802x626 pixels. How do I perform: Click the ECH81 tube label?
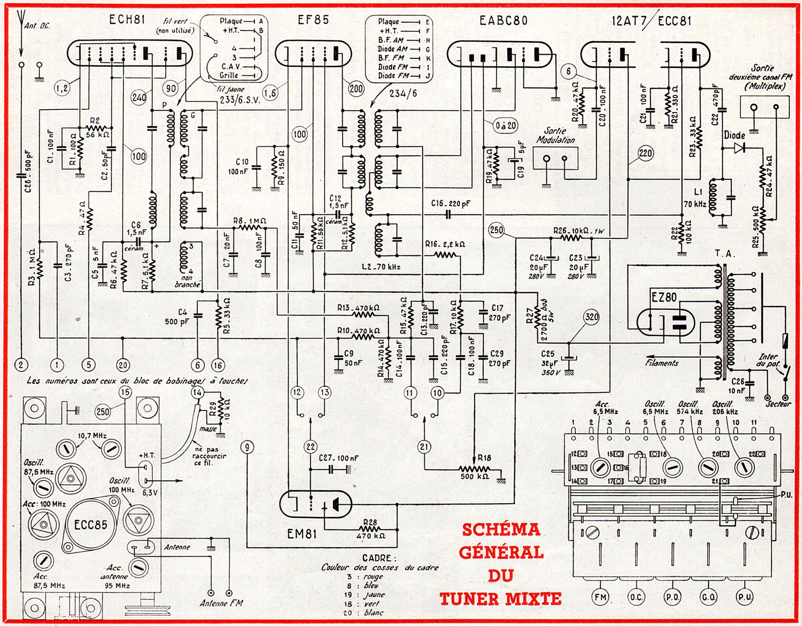tap(127, 19)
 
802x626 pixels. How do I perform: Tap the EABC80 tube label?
tap(503, 20)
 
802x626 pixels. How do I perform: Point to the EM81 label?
tap(301, 533)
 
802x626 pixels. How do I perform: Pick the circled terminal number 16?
tap(218, 365)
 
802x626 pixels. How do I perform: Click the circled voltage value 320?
tap(592, 317)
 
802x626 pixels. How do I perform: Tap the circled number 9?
tap(248, 447)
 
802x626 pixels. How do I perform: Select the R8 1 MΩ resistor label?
tap(250, 221)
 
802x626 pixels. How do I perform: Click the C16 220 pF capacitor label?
tap(451, 204)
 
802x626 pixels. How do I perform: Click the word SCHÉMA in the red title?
tap(501, 530)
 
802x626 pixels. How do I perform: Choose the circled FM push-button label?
tap(600, 597)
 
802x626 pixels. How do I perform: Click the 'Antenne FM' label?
tap(221, 603)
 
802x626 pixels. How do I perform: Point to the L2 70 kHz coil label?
tap(381, 267)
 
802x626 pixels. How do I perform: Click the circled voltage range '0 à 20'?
tap(506, 125)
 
